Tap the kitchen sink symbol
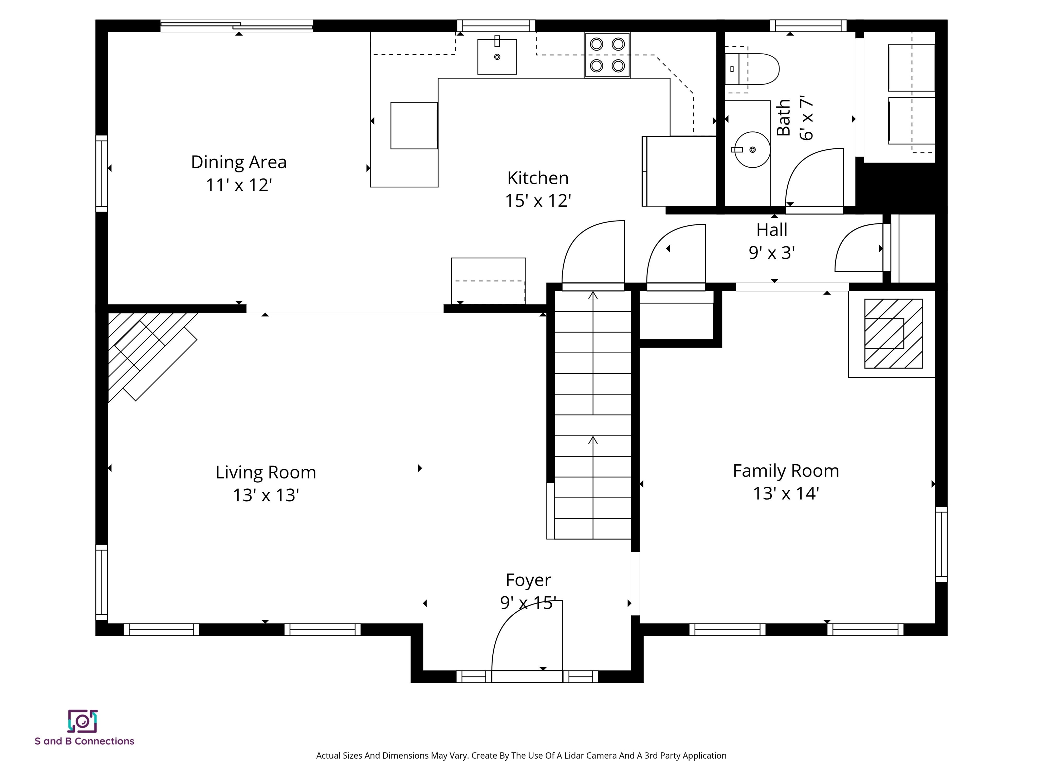click(497, 57)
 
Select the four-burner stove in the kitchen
click(607, 55)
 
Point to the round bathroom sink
click(753, 150)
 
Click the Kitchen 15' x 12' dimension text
click(538, 201)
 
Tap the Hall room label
click(772, 230)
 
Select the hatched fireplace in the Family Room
click(893, 334)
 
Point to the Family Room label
click(786, 471)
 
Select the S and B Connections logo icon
click(83, 721)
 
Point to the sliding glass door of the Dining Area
click(237, 26)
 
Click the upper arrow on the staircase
click(593, 296)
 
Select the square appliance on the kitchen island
click(414, 125)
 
